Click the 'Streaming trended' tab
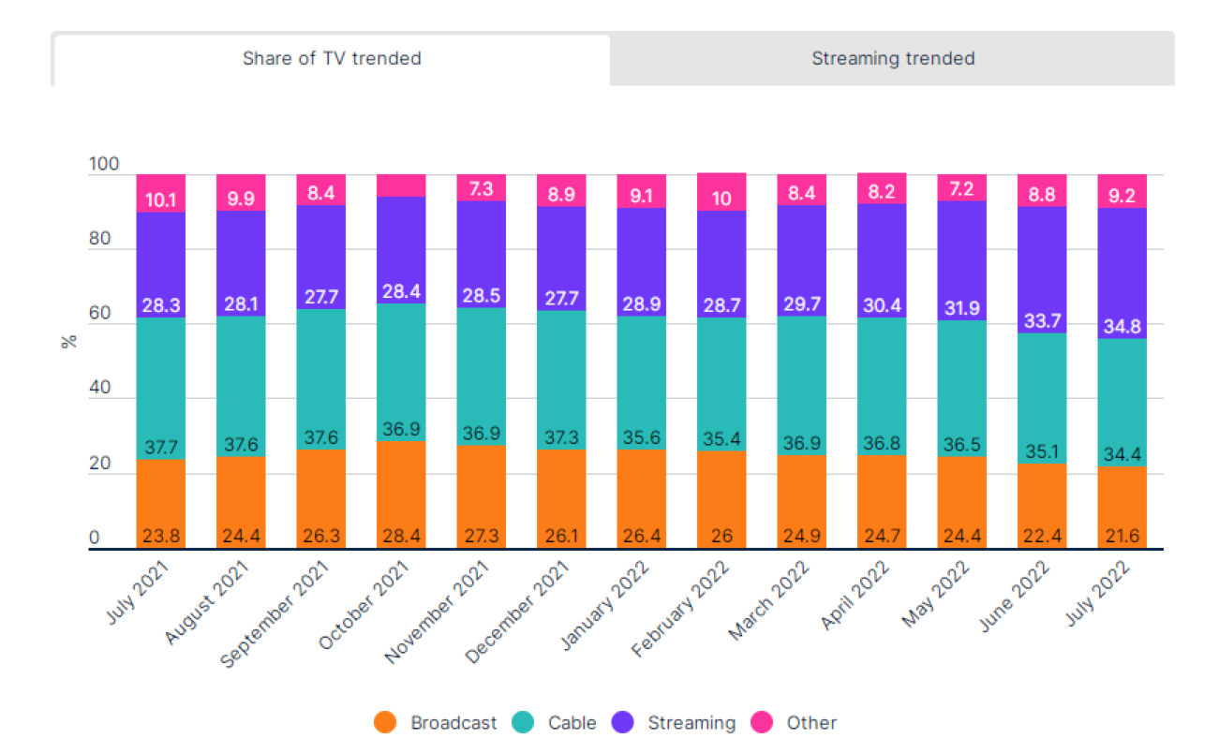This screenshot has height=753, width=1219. [x=892, y=58]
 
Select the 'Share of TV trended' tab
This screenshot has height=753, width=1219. [x=332, y=58]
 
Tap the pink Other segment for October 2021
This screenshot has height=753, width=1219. [x=401, y=185]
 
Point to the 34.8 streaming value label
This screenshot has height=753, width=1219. [x=1122, y=327]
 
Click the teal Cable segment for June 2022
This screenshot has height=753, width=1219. [x=1042, y=398]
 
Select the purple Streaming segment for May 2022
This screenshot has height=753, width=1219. [x=962, y=253]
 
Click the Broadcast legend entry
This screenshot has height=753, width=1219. [x=437, y=722]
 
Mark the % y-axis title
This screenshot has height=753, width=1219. [x=67, y=340]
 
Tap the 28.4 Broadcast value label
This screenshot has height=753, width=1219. [x=401, y=537]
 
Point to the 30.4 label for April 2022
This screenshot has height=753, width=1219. [x=882, y=306]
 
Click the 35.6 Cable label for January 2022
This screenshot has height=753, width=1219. [x=641, y=439]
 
